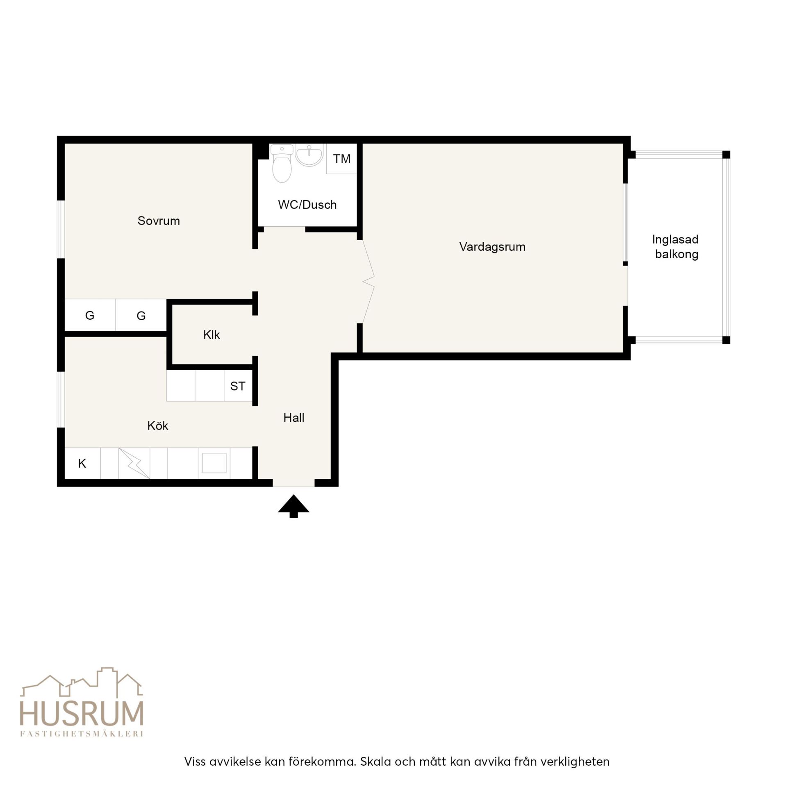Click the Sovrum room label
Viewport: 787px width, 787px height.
coord(159,221)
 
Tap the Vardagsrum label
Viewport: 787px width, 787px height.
coord(492,247)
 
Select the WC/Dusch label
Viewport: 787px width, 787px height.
coord(307,205)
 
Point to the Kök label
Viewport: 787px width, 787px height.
coord(158,425)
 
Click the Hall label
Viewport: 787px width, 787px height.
coord(294,418)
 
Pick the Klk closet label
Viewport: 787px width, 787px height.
coord(212,335)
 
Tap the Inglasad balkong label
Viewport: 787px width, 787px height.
coord(676,247)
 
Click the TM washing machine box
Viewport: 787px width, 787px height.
coord(341,159)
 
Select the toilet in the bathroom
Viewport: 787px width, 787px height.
coord(282,164)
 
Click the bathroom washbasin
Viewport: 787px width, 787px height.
coord(309,155)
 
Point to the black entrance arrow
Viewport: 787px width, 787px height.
coord(293,506)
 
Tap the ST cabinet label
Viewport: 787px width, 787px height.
coord(238,386)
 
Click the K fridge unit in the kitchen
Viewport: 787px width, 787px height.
coord(82,463)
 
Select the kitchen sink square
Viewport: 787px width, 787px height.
coord(214,463)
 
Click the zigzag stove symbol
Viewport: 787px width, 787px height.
coord(134,463)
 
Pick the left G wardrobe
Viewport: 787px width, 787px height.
coord(90,315)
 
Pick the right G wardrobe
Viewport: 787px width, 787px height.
coord(141,315)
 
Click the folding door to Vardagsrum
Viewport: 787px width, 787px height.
coord(368,282)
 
